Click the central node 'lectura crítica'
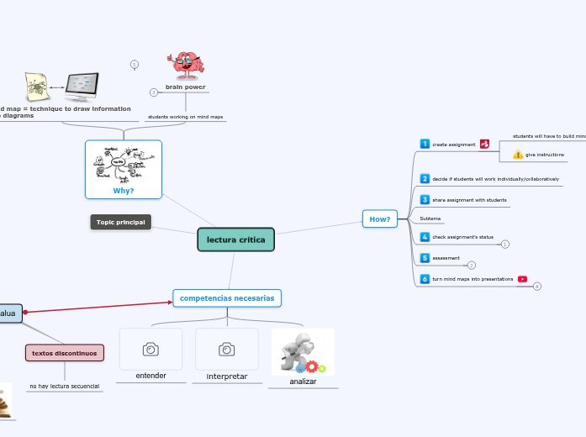(x=235, y=240)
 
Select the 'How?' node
(x=380, y=219)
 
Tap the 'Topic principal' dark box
(x=120, y=222)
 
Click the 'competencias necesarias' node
(x=227, y=298)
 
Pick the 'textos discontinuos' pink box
(x=65, y=353)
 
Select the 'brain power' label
(x=185, y=87)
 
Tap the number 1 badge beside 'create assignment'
(x=425, y=145)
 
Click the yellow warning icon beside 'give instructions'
(x=518, y=155)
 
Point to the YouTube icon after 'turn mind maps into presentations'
(x=522, y=279)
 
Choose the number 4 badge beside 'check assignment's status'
(x=425, y=238)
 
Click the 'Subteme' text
(x=430, y=218)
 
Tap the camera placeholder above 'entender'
(x=150, y=349)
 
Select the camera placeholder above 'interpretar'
(x=226, y=349)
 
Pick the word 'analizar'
(x=303, y=382)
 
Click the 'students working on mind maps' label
(x=185, y=117)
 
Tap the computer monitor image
(x=82, y=86)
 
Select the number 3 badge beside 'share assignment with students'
(x=425, y=200)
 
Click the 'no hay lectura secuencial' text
(x=64, y=387)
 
